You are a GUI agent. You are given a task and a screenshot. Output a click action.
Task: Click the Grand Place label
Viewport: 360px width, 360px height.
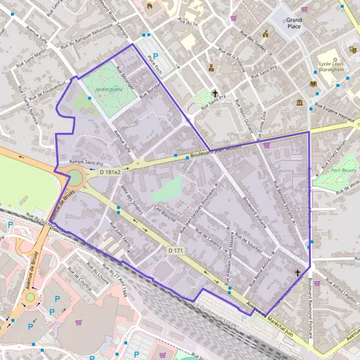click(x=294, y=23)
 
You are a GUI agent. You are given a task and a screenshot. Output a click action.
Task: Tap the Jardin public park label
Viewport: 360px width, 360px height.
click(x=104, y=90)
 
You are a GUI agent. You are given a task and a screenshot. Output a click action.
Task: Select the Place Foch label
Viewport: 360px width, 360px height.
click(x=155, y=65)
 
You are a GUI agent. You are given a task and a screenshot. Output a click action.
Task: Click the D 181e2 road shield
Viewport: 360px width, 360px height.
click(x=110, y=172)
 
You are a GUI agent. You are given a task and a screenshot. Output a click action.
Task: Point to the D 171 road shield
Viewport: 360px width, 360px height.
click(x=175, y=250)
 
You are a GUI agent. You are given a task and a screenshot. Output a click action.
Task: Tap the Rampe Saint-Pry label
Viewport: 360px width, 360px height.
click(x=86, y=162)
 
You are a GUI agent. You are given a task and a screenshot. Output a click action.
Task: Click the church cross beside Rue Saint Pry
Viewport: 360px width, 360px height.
click(x=215, y=94)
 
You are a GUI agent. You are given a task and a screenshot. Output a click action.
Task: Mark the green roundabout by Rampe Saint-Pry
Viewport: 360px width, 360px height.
click(x=76, y=177)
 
